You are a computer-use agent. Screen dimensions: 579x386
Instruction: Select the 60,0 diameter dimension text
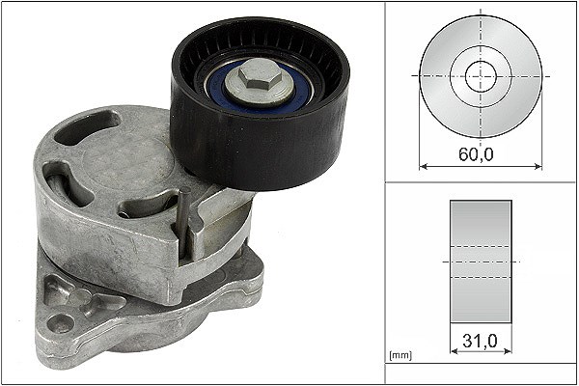tap(476, 154)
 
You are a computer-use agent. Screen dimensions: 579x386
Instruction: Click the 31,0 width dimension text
tap(480, 341)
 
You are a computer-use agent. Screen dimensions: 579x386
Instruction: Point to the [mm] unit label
tap(400, 355)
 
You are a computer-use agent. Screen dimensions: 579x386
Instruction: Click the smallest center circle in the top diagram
tap(481, 77)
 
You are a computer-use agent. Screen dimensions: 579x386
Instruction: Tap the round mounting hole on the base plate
tap(60, 324)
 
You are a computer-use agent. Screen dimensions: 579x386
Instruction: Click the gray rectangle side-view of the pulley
tap(481, 262)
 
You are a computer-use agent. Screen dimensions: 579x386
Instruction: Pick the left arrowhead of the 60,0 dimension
tap(424, 167)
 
